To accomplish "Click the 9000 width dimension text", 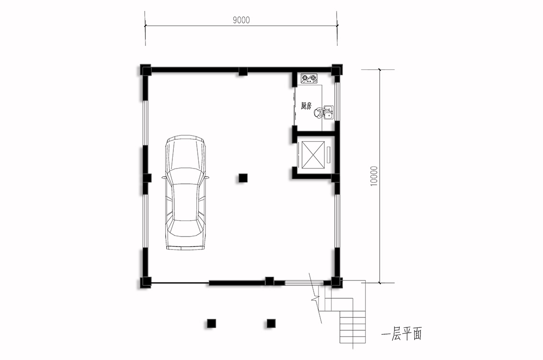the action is coord(241,20).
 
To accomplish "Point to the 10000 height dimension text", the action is coord(374,176).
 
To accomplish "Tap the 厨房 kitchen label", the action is coord(306,106).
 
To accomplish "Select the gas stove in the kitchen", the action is coord(309,79).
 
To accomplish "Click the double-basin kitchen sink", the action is coord(328,112).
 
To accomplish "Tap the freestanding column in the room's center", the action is coord(243,178).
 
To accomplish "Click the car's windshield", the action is coord(185,176).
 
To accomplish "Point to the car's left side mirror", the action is coord(163,178).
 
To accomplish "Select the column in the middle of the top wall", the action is coord(243,71).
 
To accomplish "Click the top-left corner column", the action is coord(146,70).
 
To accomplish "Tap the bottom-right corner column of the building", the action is coord(336,282).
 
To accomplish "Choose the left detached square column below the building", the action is coord(211,324).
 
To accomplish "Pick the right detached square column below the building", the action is coord(271,324).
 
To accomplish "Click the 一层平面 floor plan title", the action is coord(402,334).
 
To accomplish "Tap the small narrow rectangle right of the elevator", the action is coord(328,154).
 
